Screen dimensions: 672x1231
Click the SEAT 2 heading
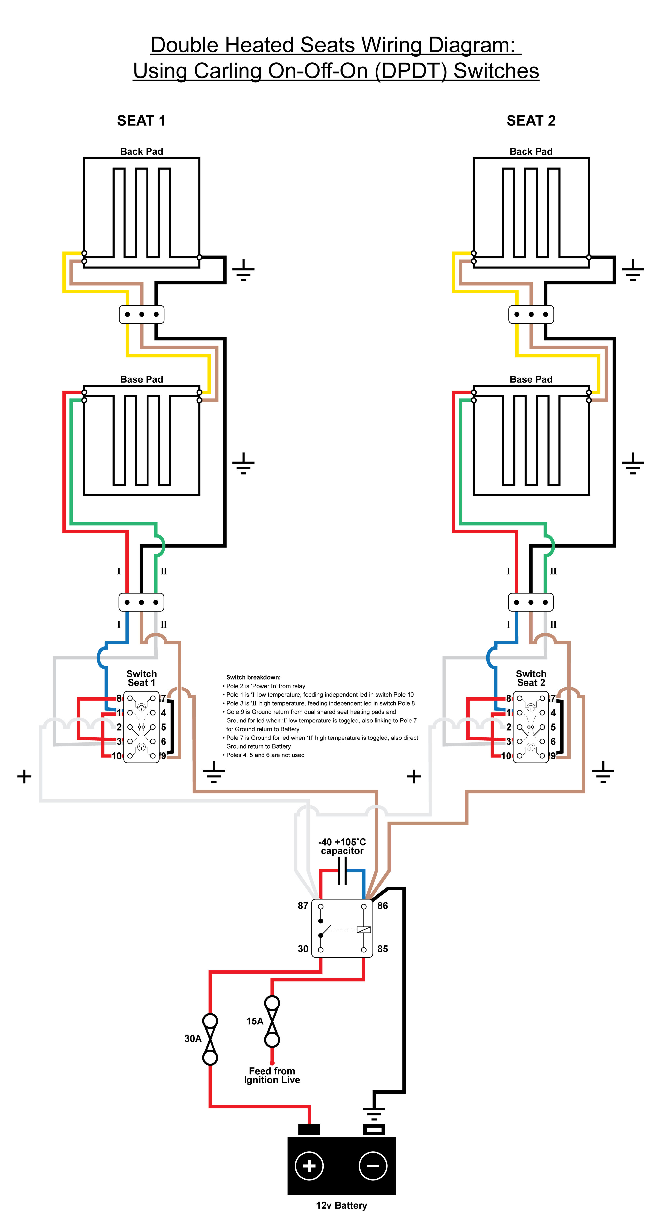tap(531, 120)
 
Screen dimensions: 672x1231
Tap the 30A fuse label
tap(193, 1038)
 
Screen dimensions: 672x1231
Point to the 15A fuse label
tap(255, 1021)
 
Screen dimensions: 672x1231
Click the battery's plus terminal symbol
tap(309, 1166)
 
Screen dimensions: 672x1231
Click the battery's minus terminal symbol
tap(373, 1166)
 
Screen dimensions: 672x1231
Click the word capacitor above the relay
tap(342, 851)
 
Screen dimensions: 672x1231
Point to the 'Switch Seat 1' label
tap(142, 678)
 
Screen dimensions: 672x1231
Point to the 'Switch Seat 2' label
tap(531, 678)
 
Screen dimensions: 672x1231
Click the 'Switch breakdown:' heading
tap(253, 677)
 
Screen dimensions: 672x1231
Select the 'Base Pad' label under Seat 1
tap(142, 379)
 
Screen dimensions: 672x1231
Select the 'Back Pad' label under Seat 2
tap(531, 151)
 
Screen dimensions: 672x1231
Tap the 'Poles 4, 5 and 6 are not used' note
tap(263, 755)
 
